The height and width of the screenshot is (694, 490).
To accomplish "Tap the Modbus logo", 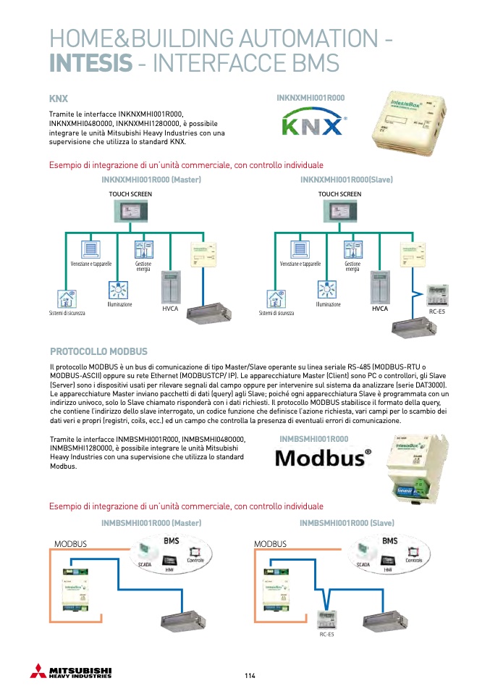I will [324, 458].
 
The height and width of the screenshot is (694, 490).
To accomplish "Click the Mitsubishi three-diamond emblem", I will [38, 671].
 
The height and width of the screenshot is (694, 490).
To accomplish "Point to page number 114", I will [250, 676].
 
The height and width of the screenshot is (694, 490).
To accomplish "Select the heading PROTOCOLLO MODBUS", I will [98, 351].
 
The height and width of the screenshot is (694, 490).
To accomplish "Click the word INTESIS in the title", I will [90, 63].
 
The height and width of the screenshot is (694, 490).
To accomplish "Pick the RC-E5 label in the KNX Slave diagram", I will [437, 312].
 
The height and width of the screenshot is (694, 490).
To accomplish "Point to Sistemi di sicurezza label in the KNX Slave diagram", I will [276, 313].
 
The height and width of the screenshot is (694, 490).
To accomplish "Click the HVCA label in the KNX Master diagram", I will [170, 309].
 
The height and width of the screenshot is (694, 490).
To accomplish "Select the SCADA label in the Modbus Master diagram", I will [145, 563].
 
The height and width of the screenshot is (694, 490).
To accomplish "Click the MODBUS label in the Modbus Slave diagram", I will [270, 544].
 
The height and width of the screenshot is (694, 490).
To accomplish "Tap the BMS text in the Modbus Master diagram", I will [172, 541].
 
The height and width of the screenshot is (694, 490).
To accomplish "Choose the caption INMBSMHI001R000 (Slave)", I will [347, 522].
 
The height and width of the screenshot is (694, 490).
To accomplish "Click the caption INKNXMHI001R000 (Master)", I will [151, 179].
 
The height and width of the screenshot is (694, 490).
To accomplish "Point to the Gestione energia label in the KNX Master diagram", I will [143, 267].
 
